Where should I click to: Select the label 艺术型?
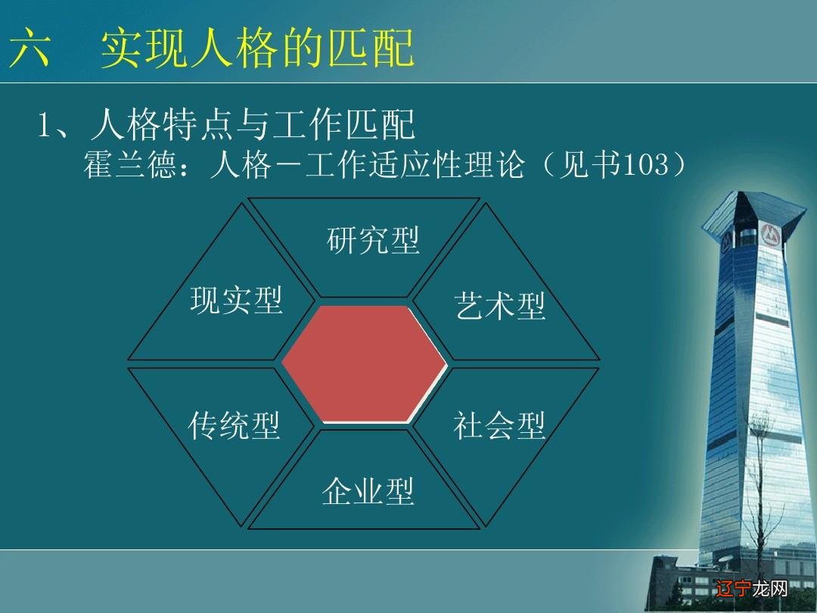500,306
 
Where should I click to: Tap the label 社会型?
499,426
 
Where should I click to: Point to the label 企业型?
368,491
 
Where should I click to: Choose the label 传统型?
235,426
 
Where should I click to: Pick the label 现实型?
236,300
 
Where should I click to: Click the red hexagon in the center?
365,364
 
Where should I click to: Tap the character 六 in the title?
30,49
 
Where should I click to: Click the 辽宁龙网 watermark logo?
749,587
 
